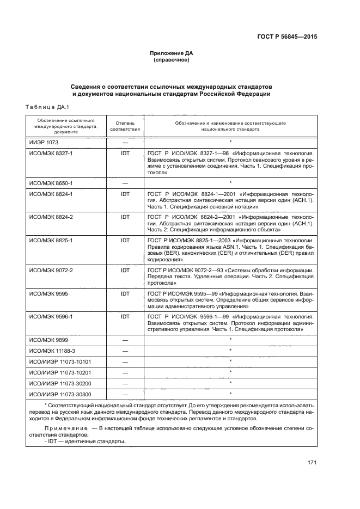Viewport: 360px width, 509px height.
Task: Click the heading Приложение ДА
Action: click(172, 53)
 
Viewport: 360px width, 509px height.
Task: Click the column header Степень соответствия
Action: click(125, 126)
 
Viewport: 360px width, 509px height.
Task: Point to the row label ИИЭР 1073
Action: click(43, 142)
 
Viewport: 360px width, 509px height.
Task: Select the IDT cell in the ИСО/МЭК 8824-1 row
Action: click(125, 194)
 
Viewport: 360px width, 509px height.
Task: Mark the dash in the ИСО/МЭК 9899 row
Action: click(125, 340)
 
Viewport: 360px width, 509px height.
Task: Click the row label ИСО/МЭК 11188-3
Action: click(52, 350)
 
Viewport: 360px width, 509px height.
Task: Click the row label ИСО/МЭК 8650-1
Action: click(51, 183)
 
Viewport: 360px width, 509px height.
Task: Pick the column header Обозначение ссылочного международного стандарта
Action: click(65, 125)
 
